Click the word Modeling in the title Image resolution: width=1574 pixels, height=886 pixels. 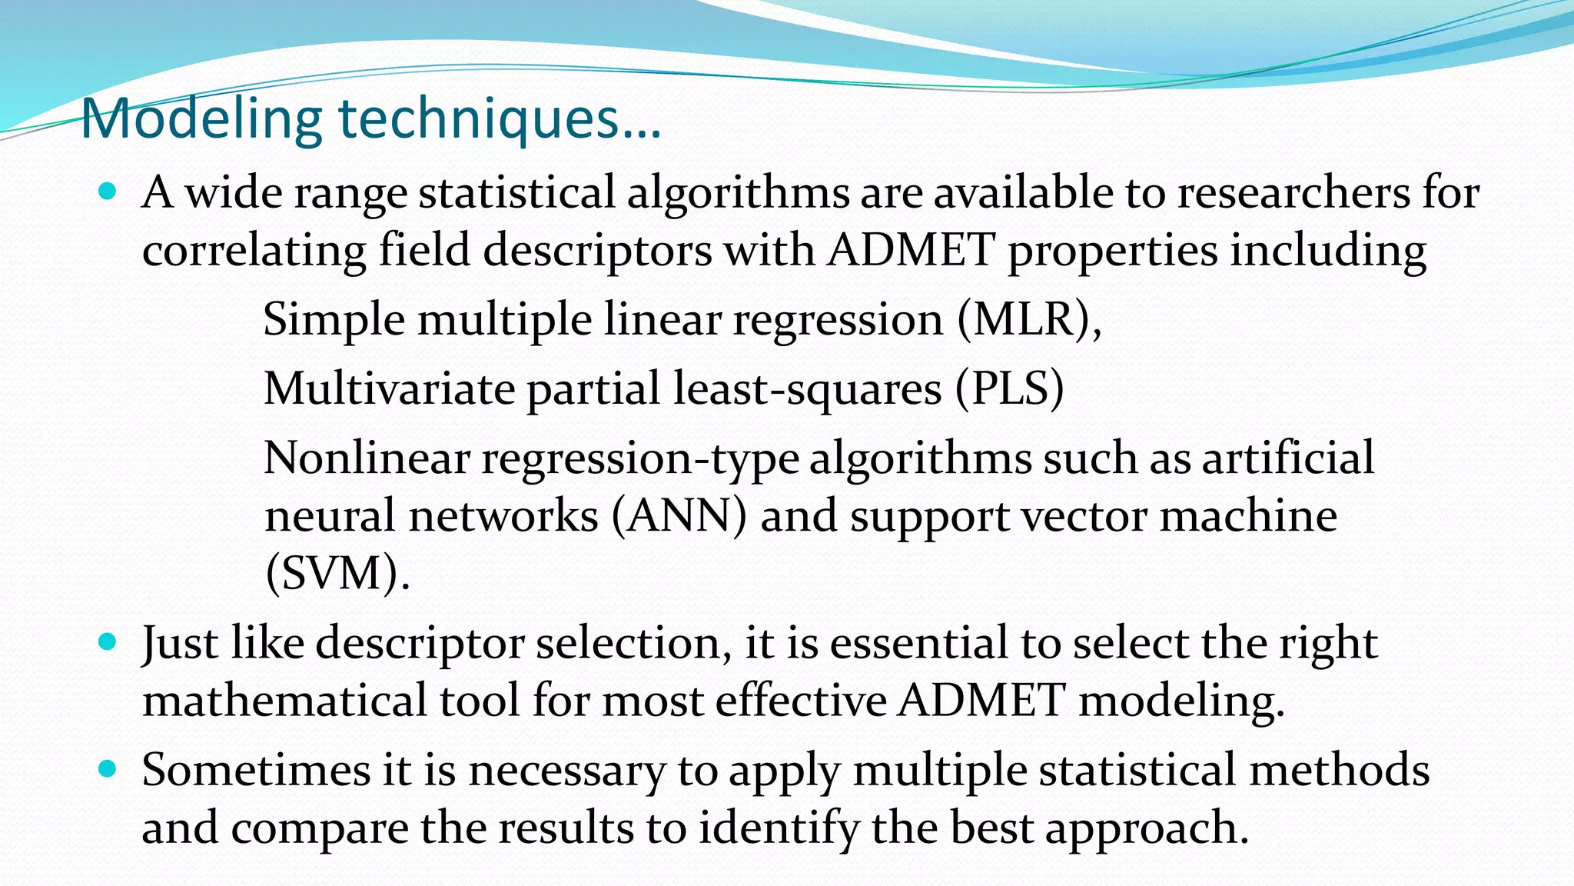click(201, 119)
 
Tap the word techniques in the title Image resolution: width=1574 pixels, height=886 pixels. click(478, 119)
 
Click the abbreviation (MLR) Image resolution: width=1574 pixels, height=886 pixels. click(1028, 319)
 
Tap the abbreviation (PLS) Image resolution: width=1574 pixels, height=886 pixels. click(1009, 388)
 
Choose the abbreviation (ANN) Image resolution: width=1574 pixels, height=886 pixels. click(679, 515)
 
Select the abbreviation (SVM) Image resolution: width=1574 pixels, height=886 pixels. click(336, 573)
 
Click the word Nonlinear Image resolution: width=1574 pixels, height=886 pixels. click(366, 458)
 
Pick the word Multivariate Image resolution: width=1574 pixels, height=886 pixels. click(389, 388)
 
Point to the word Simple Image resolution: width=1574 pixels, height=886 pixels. click(334, 319)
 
